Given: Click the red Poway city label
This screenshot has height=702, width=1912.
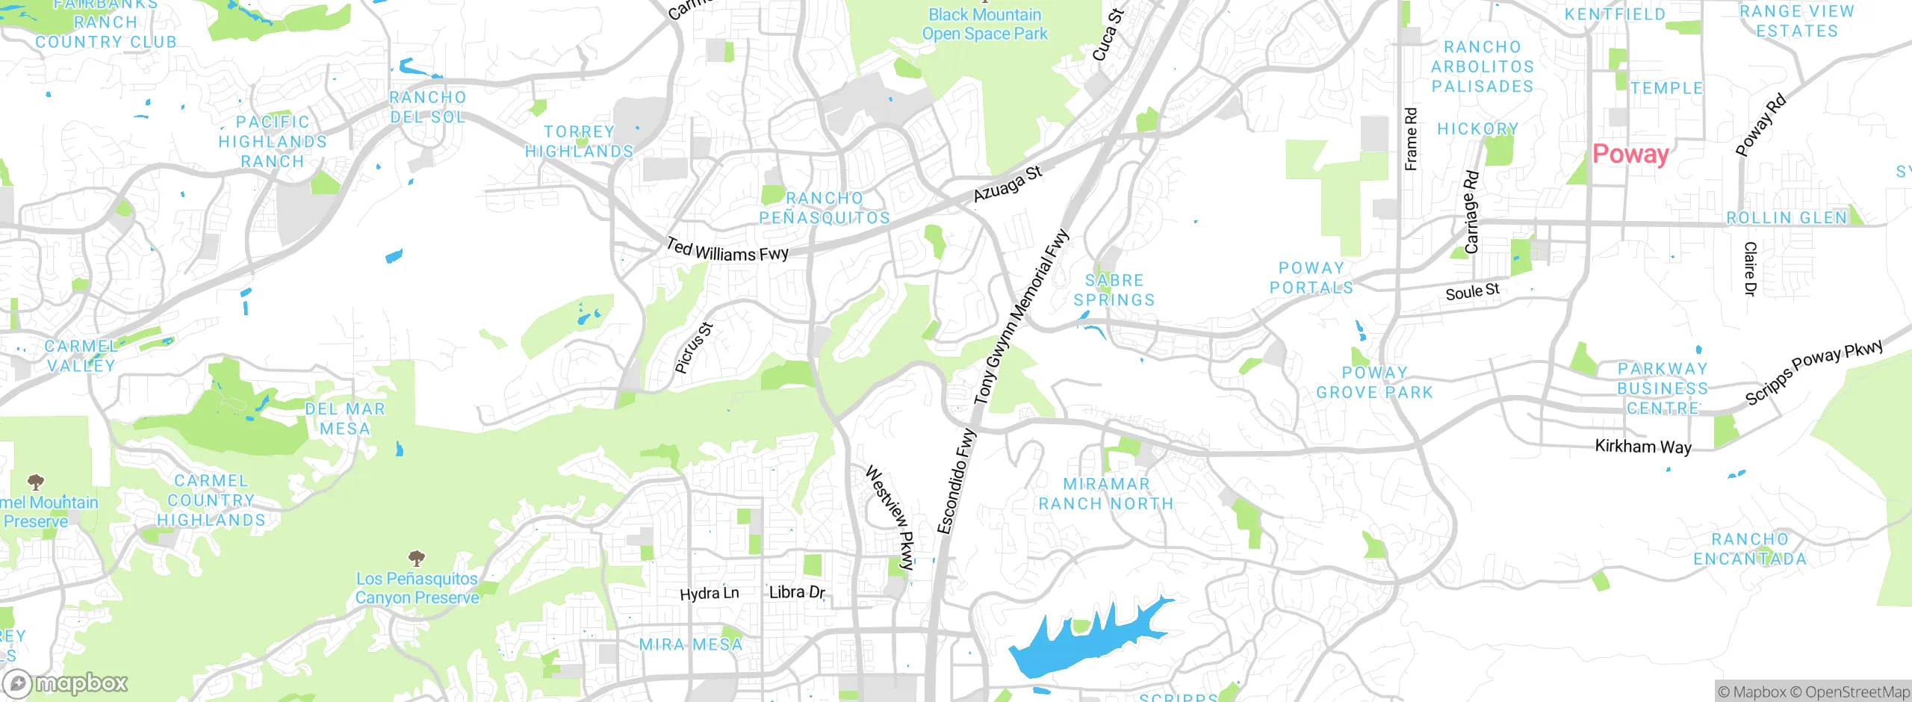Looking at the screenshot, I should pyautogui.click(x=1630, y=154).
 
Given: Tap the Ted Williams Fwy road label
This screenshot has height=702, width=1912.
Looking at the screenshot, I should pyautogui.click(x=727, y=250).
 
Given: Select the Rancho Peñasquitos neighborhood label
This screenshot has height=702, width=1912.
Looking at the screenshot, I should pyautogui.click(x=825, y=208).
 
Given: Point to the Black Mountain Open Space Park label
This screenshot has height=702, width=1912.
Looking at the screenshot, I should pyautogui.click(x=984, y=24).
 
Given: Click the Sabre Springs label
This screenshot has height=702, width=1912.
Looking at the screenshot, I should pyautogui.click(x=1114, y=290).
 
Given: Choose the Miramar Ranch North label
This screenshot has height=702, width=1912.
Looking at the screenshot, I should pyautogui.click(x=1106, y=494).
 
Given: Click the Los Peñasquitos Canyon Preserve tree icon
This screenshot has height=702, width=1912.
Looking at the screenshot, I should pyautogui.click(x=417, y=558).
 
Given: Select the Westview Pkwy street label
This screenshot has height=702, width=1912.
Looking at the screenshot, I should pyautogui.click(x=890, y=517).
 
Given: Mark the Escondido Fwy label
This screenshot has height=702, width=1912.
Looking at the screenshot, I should pyautogui.click(x=957, y=482).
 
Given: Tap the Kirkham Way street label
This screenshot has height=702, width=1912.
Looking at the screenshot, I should pyautogui.click(x=1643, y=447).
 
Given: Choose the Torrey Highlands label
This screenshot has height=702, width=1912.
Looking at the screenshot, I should pyautogui.click(x=579, y=141).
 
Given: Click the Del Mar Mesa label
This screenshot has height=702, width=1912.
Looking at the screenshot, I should pyautogui.click(x=345, y=418).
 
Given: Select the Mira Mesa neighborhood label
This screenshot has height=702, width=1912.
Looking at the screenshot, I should pyautogui.click(x=691, y=644).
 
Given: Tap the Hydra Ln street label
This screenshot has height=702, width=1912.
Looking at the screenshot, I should pyautogui.click(x=709, y=594).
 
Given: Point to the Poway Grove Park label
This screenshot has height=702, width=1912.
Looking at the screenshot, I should pyautogui.click(x=1374, y=382).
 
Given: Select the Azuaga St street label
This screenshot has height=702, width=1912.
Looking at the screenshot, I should pyautogui.click(x=1008, y=184).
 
